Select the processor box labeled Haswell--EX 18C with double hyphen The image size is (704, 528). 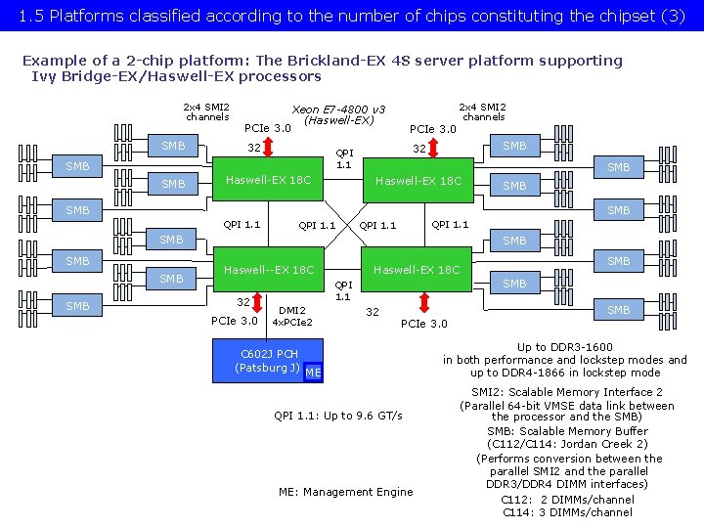(269, 269)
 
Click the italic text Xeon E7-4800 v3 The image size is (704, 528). (338, 109)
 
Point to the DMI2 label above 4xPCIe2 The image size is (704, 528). (291, 310)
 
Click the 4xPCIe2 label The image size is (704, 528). (291, 322)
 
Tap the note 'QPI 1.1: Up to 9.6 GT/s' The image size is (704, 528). (337, 416)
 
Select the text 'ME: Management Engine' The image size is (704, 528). (345, 492)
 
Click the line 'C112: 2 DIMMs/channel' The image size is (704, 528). (567, 499)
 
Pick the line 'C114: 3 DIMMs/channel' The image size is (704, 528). (567, 511)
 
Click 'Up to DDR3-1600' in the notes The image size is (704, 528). (565, 347)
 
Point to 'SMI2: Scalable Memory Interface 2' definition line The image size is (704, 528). (567, 392)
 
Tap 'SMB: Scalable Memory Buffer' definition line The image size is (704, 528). (567, 431)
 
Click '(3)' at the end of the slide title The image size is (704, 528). (673, 16)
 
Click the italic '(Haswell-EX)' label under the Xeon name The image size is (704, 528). (338, 120)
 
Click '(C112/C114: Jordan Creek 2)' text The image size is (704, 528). (567, 444)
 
